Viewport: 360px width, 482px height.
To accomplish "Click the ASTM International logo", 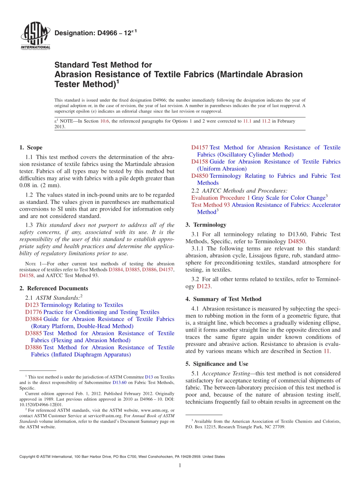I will pyautogui.click(x=35, y=36).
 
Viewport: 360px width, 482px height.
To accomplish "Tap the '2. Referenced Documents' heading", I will pyautogui.click(x=53, y=288).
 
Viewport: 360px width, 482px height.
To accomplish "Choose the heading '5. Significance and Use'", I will pyautogui.click(x=217, y=364).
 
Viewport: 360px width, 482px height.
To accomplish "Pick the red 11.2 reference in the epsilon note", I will pyautogui.click(x=266, y=121).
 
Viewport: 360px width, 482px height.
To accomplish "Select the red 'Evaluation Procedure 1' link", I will pyautogui.click(x=221, y=198).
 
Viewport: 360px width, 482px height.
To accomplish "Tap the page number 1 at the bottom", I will pyautogui.click(x=180, y=465).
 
